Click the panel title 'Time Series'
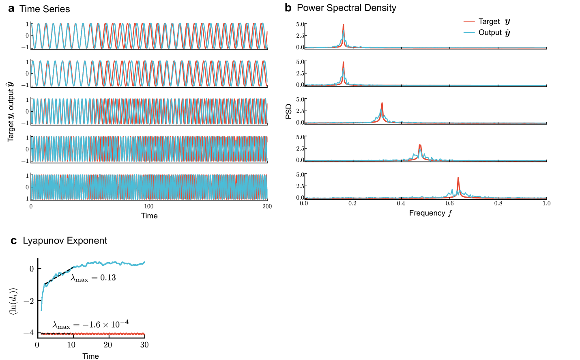point(45,9)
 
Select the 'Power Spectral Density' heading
point(346,8)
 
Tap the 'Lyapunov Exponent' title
point(65,241)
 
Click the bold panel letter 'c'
point(13,241)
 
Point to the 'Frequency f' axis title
point(430,213)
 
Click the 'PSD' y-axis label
point(289,111)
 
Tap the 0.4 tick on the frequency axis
point(401,203)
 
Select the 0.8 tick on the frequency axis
point(498,203)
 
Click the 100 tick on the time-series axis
point(149,206)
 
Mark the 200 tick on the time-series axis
point(267,206)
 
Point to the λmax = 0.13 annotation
point(93,278)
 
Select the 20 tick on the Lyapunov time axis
point(108,345)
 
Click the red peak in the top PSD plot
point(343,25)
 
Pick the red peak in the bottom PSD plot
point(458,178)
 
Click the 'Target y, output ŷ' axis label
point(11,111)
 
